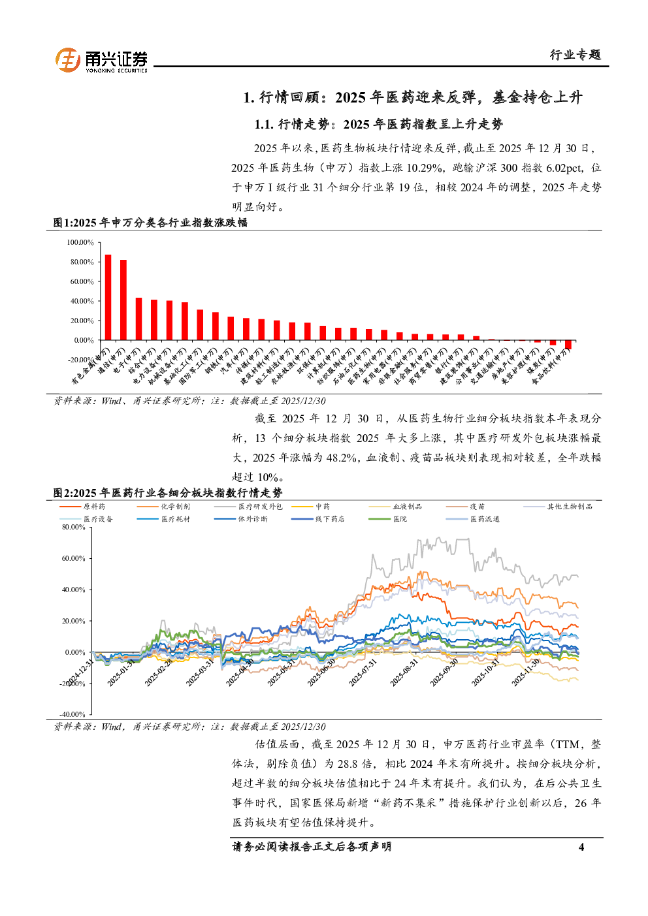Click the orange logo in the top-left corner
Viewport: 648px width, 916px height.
(x=68, y=60)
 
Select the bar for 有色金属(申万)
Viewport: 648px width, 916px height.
(x=108, y=298)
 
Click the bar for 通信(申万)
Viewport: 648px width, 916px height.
(x=123, y=300)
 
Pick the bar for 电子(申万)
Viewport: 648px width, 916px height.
(x=138, y=319)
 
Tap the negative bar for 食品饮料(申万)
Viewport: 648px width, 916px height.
(x=568, y=345)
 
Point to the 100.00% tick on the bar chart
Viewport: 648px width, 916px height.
(x=80, y=242)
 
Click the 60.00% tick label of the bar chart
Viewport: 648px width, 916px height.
(x=80, y=281)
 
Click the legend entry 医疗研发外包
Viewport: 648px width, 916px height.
(x=260, y=507)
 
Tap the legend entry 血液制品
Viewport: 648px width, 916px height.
(x=407, y=507)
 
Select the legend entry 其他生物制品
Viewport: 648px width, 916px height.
(x=570, y=507)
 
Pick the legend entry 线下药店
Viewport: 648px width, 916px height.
(x=329, y=519)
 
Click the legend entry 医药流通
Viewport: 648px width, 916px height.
(x=485, y=519)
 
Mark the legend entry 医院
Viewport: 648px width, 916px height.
(x=400, y=519)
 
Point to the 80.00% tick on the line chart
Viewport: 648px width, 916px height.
(x=74, y=527)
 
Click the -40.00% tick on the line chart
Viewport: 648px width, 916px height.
(x=73, y=714)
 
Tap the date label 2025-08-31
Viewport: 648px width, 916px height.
(x=404, y=672)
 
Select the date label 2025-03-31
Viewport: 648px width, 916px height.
(x=200, y=672)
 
